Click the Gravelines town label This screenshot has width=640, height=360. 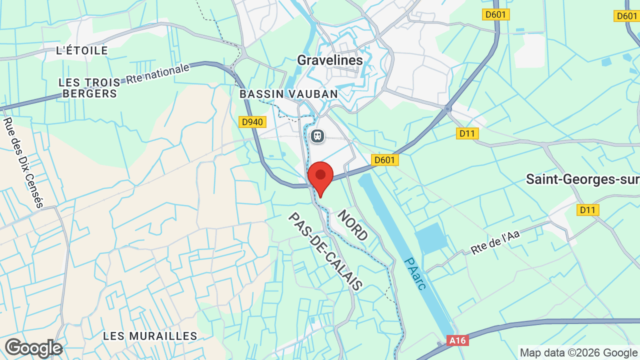[330, 60]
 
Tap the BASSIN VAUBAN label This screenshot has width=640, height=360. [288, 94]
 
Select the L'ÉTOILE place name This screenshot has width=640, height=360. [82, 50]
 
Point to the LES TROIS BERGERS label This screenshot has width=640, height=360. [89, 88]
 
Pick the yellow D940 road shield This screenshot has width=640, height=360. [252, 122]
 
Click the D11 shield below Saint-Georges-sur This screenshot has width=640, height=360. [587, 210]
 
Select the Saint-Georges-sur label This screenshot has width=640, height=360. [582, 179]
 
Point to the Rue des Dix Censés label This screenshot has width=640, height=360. [23, 162]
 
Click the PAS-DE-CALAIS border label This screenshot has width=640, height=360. [325, 251]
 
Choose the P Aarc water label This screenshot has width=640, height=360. [415, 273]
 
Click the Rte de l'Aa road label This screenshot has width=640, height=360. [495, 242]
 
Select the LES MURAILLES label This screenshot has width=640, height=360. [150, 336]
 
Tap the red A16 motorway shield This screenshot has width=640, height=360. [457, 340]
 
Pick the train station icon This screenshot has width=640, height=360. [317, 136]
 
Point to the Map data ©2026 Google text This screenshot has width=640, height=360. [578, 352]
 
